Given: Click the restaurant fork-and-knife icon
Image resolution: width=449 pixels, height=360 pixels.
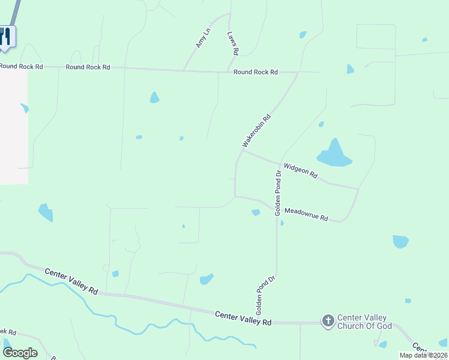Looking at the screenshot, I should pos(5,36).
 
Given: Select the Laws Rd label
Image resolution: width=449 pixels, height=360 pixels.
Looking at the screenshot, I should pos(233,43).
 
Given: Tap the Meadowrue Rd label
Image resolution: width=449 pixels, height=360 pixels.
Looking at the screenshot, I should pos(306,215).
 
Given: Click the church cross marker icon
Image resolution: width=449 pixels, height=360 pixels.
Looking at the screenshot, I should pos(328,321).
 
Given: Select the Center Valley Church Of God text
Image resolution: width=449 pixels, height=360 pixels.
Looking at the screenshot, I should pos(364,322).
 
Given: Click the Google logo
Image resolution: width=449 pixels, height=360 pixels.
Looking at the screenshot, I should pos(20,352).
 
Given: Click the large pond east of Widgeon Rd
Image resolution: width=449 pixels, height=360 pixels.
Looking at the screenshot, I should pos(334,155).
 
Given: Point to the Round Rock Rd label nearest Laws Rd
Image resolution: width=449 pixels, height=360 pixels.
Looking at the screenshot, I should pos(256,72).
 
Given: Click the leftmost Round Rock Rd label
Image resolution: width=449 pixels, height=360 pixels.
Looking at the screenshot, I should pos(21,67).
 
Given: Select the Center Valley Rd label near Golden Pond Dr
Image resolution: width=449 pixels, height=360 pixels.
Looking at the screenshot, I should pos(243,318).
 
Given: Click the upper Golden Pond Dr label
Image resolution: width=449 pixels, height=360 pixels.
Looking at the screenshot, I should pos(278,193).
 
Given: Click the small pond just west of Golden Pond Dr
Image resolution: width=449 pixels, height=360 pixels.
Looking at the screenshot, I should pos(256,212).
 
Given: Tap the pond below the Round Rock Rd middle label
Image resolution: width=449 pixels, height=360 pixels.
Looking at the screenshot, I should pos(154,97).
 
